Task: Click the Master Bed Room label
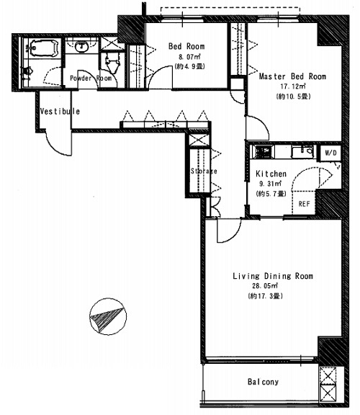[292, 76]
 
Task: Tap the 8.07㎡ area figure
[189, 57]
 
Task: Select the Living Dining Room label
[273, 276]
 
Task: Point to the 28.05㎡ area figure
[265, 286]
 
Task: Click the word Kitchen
[271, 174]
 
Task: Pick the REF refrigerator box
[304, 203]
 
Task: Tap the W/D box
[330, 153]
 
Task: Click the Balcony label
[263, 382]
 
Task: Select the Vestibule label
[60, 111]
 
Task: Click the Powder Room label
[91, 79]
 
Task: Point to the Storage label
[204, 171]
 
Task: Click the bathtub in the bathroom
[44, 48]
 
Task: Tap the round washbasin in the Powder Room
[81, 47]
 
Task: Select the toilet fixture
[112, 63]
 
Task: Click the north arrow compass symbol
[108, 316]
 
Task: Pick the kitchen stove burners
[263, 152]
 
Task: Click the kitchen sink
[303, 151]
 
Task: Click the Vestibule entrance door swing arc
[55, 146]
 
